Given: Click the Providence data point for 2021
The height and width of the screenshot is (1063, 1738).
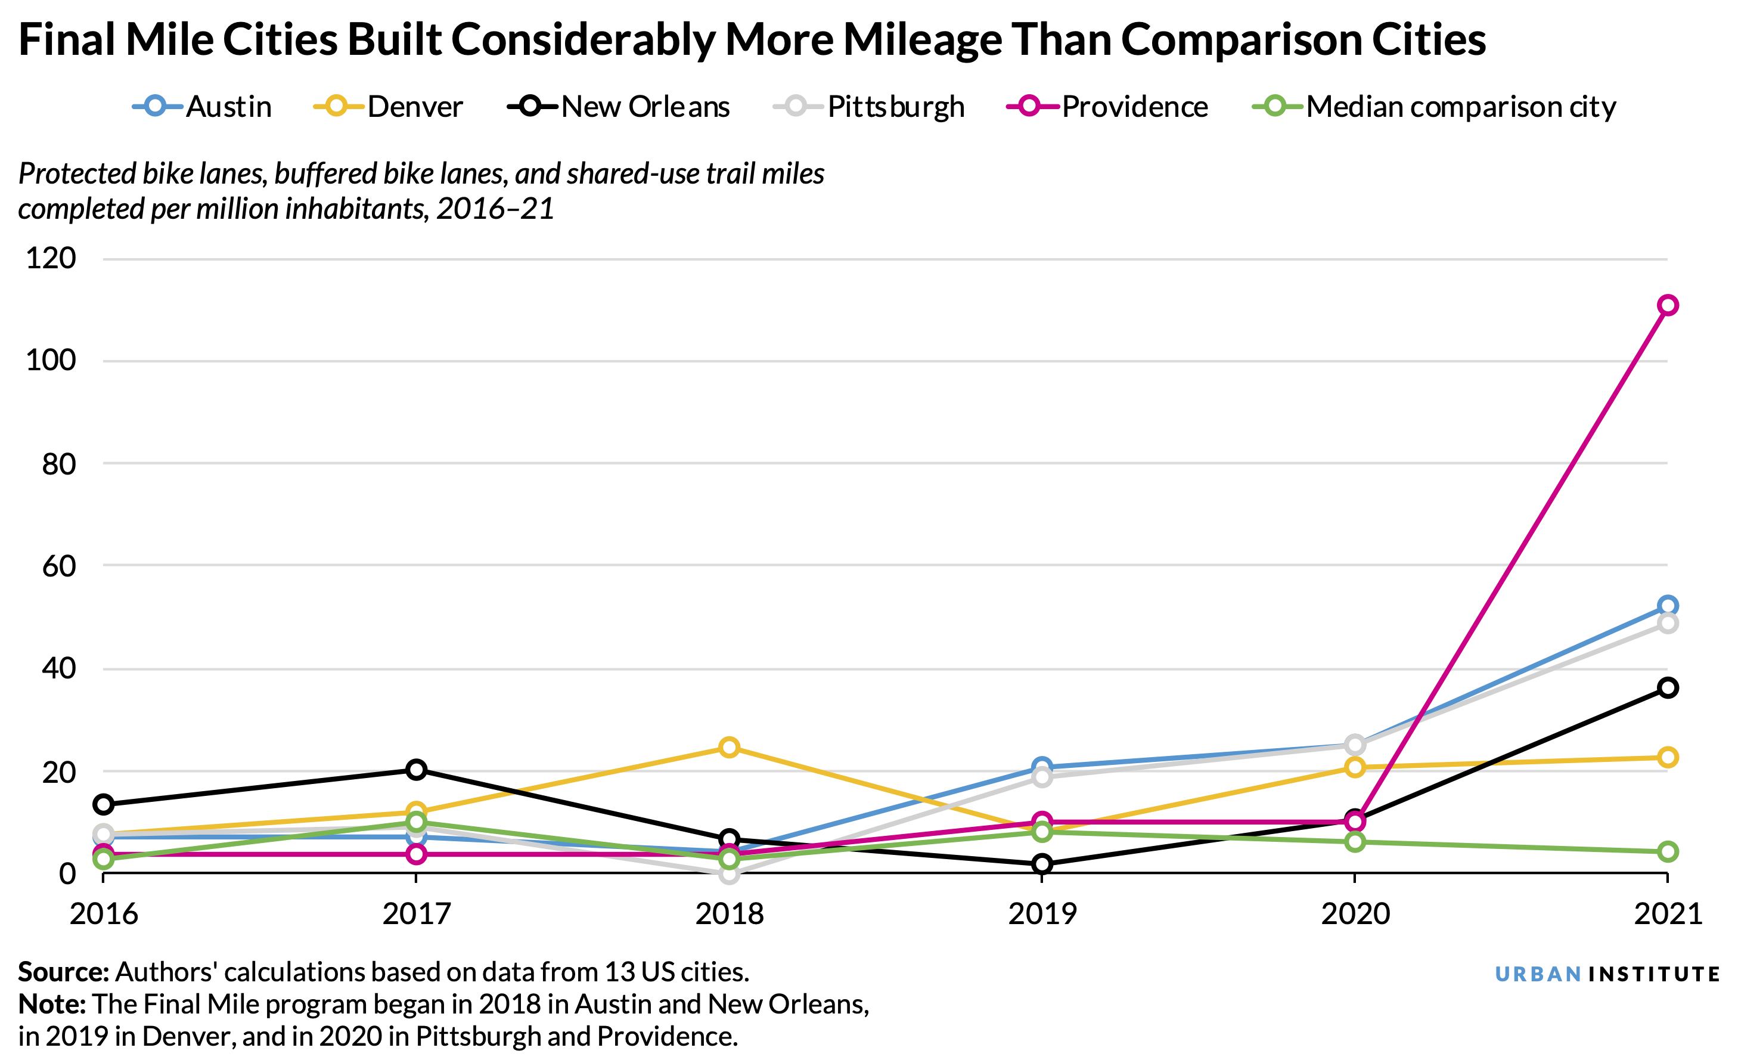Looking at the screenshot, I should tap(1666, 305).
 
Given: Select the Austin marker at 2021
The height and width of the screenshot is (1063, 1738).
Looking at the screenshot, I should tap(1666, 606).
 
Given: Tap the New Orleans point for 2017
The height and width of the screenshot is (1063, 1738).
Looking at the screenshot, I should tap(416, 769).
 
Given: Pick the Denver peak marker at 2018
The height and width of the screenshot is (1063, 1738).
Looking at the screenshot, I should tap(730, 747).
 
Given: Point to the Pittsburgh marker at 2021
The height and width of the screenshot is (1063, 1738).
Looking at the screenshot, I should tap(1666, 624).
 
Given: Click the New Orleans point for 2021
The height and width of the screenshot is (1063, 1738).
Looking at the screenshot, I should tap(1666, 688).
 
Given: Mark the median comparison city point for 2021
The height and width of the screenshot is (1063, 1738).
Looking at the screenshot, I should tap(1666, 851).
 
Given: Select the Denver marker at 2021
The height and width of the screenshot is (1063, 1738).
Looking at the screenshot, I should tap(1666, 758).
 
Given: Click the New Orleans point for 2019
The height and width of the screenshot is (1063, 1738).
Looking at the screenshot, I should tap(1042, 864).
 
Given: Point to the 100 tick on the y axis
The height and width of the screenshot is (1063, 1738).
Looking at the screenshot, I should tap(51, 361).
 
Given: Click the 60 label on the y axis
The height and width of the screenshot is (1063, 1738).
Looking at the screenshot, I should tap(58, 566).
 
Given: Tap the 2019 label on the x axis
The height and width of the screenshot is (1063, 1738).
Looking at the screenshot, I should tap(1042, 914).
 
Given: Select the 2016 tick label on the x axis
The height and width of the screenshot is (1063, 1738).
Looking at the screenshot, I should tap(104, 914).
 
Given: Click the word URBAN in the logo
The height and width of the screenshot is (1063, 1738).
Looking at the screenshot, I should tap(1538, 974).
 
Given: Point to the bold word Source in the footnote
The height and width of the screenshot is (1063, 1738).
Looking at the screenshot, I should tap(63, 972).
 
